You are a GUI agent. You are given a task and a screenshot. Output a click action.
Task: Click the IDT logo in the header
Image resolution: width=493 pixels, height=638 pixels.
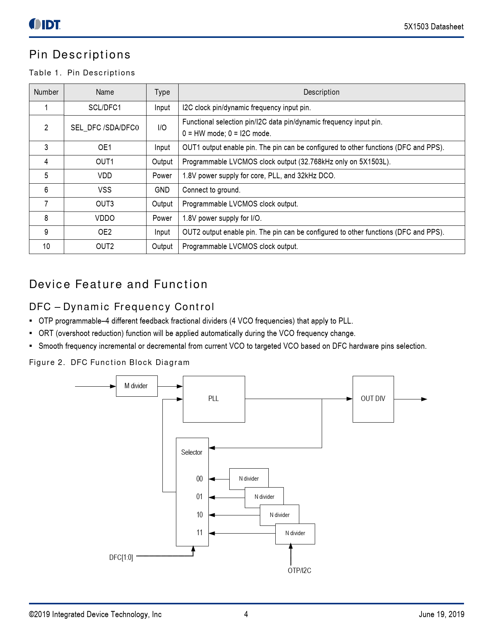[45, 24]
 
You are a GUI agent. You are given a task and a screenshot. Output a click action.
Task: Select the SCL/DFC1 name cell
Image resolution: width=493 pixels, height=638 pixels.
[105, 108]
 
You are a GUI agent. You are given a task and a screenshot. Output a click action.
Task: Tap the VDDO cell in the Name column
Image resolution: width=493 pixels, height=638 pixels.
[105, 218]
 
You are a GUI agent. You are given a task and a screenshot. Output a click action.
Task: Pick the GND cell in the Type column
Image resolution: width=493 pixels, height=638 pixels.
[162, 190]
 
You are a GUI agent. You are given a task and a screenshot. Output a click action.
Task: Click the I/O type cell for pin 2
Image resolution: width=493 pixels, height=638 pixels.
[162, 128]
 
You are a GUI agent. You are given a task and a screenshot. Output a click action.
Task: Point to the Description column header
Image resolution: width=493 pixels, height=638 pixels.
[321, 92]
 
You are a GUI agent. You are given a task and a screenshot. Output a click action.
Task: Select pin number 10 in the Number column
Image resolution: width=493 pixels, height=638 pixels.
[46, 247]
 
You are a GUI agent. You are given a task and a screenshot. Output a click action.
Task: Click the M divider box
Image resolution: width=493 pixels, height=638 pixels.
[136, 386]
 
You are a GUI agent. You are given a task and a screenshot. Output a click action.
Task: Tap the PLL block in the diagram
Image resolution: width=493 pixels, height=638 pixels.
[213, 399]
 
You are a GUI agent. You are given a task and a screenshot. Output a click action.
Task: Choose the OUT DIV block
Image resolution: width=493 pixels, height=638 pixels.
[373, 399]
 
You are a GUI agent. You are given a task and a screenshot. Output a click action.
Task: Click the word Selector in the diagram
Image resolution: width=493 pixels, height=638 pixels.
[192, 452]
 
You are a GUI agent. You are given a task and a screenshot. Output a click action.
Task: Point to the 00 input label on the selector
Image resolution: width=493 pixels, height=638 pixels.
[200, 479]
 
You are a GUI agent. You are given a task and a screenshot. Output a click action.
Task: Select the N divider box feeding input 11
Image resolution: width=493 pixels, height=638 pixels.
[295, 534]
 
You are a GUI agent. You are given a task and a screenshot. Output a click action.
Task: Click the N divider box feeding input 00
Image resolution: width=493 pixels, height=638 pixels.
[249, 479]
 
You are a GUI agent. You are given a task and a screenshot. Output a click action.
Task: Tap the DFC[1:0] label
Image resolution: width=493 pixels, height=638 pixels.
[121, 558]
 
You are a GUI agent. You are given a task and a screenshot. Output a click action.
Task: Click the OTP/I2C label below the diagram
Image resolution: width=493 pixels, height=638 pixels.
[299, 571]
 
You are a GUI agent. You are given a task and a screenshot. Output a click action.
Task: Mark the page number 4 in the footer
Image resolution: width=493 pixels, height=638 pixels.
[246, 614]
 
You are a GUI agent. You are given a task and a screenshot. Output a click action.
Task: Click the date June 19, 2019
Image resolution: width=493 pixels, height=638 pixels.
[441, 614]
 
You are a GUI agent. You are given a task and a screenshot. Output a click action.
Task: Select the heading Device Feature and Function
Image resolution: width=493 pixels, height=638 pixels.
[118, 285]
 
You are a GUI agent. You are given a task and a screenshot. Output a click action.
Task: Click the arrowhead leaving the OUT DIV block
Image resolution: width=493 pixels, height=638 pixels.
[424, 399]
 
